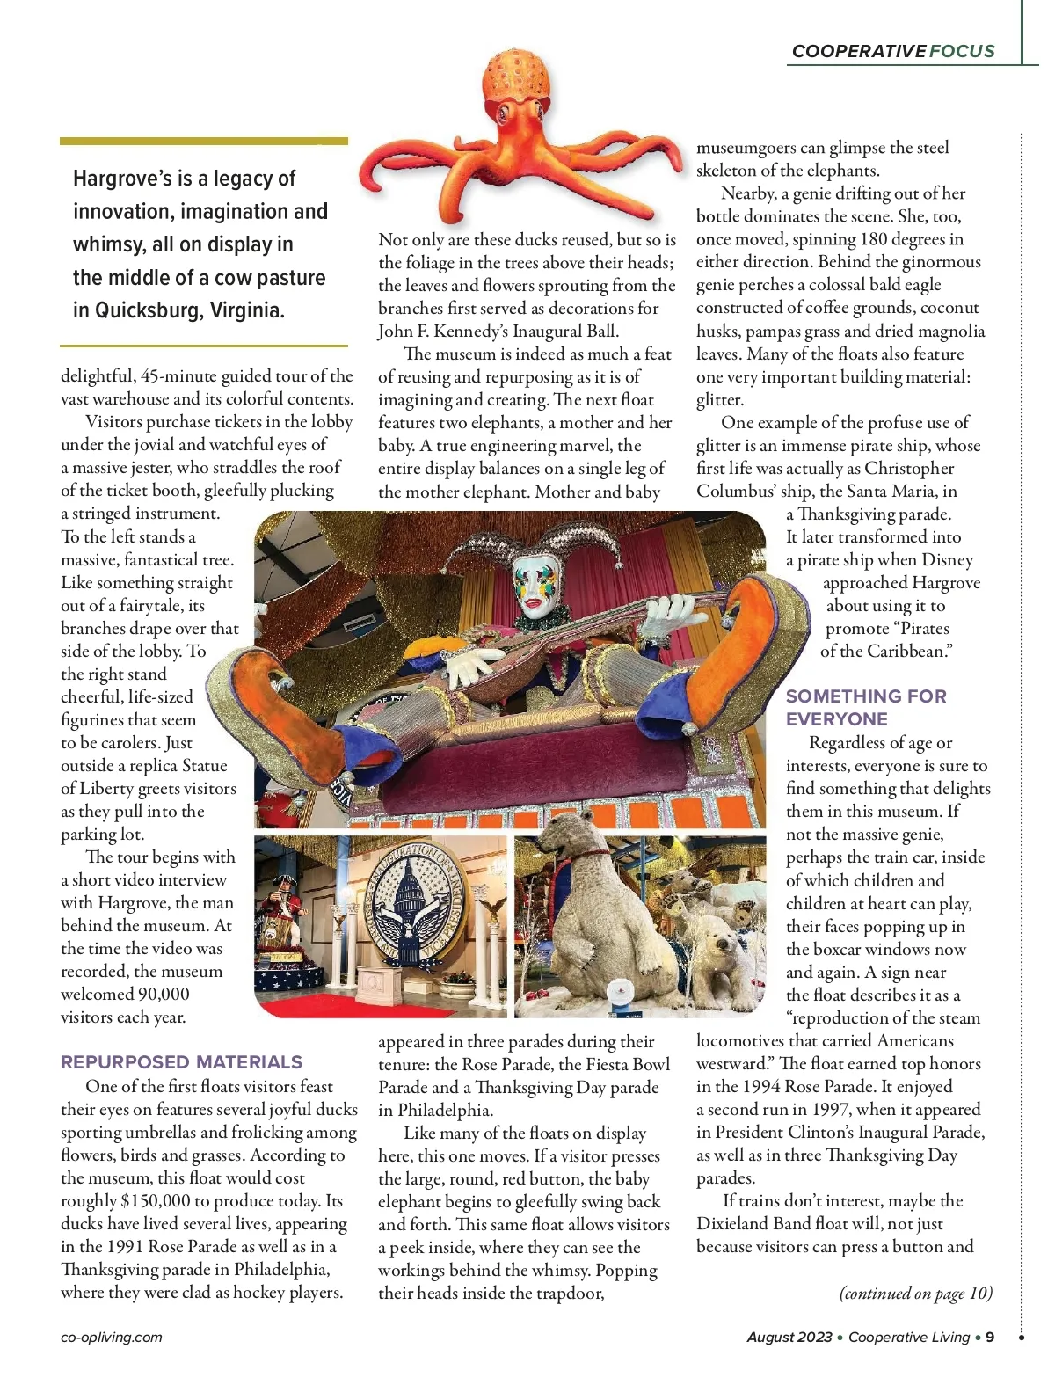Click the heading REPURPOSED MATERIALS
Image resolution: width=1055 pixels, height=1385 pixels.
(x=181, y=1061)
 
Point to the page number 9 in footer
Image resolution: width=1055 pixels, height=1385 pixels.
(x=990, y=1337)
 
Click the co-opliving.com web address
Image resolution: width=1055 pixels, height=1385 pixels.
(x=112, y=1337)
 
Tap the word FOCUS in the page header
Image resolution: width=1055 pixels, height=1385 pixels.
(x=962, y=51)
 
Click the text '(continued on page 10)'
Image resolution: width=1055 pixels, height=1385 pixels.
(x=915, y=1293)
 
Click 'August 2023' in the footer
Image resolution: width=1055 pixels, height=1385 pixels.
(x=789, y=1337)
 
